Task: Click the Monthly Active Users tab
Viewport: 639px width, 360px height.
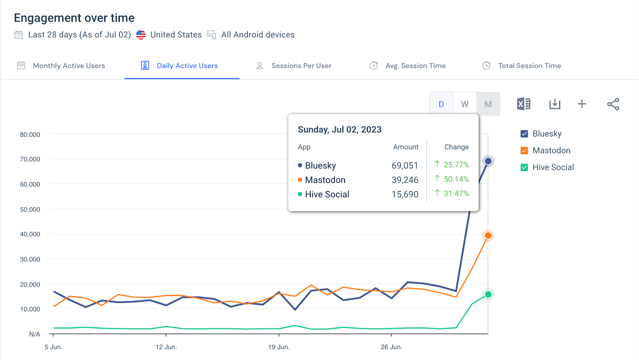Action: (69, 66)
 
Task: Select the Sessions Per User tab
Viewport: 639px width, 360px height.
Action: (301, 66)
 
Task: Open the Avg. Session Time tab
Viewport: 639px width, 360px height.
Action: (415, 66)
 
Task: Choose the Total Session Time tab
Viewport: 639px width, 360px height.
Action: (529, 66)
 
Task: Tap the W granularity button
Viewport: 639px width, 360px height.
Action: (464, 104)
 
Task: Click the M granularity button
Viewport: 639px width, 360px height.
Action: (488, 104)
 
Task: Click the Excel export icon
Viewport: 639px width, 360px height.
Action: (523, 104)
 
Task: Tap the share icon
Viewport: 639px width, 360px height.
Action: (613, 104)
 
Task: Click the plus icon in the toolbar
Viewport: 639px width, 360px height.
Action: (582, 104)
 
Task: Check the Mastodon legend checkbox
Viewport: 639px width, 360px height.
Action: (524, 150)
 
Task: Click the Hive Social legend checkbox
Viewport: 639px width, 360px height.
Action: (524, 167)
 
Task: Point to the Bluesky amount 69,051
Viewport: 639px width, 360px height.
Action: (405, 166)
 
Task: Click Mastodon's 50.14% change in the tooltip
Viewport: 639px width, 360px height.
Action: (456, 179)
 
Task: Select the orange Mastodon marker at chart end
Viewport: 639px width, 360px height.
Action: (488, 235)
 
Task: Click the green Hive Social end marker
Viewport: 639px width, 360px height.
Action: (488, 295)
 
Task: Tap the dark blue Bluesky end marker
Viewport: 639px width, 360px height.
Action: (488, 161)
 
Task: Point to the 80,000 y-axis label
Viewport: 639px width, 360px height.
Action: (30, 135)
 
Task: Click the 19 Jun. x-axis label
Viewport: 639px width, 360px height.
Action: (279, 347)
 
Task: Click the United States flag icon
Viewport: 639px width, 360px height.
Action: (141, 35)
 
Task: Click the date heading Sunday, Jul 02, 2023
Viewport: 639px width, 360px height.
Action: (339, 130)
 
